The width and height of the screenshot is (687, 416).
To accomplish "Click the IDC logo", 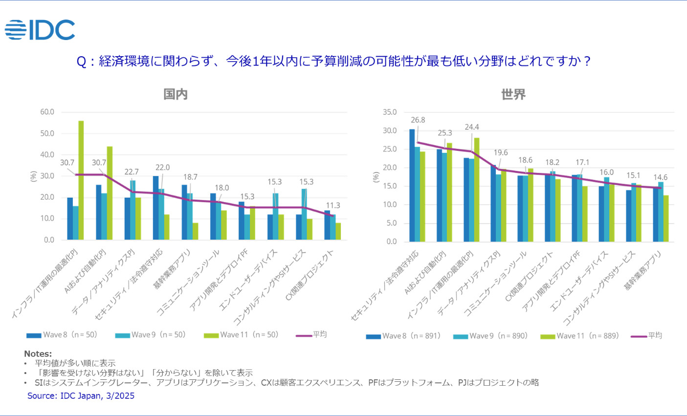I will [40, 30].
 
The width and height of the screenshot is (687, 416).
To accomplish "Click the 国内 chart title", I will [176, 94].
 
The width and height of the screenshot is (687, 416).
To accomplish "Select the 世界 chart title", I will [513, 94].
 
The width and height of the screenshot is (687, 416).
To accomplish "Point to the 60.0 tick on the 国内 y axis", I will [47, 112].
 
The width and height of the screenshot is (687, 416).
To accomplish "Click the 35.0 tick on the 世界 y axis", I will [390, 112].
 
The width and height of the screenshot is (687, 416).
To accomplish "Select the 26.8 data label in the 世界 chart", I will [418, 120].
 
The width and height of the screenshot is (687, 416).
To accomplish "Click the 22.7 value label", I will [131, 172].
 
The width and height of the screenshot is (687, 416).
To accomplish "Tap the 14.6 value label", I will [660, 177].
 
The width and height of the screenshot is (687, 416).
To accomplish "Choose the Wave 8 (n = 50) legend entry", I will [62, 335].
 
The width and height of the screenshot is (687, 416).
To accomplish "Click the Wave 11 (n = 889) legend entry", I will [580, 336].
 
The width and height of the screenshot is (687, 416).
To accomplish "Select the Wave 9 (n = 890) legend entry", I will [491, 336].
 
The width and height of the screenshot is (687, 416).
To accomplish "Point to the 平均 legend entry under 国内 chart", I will [311, 335].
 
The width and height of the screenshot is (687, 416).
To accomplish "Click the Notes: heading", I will [38, 354].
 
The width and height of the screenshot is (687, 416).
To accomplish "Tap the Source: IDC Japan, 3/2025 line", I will [81, 395].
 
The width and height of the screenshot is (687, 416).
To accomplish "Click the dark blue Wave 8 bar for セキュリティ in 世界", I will [412, 185].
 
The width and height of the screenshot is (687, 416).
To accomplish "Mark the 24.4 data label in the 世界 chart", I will [472, 127].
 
